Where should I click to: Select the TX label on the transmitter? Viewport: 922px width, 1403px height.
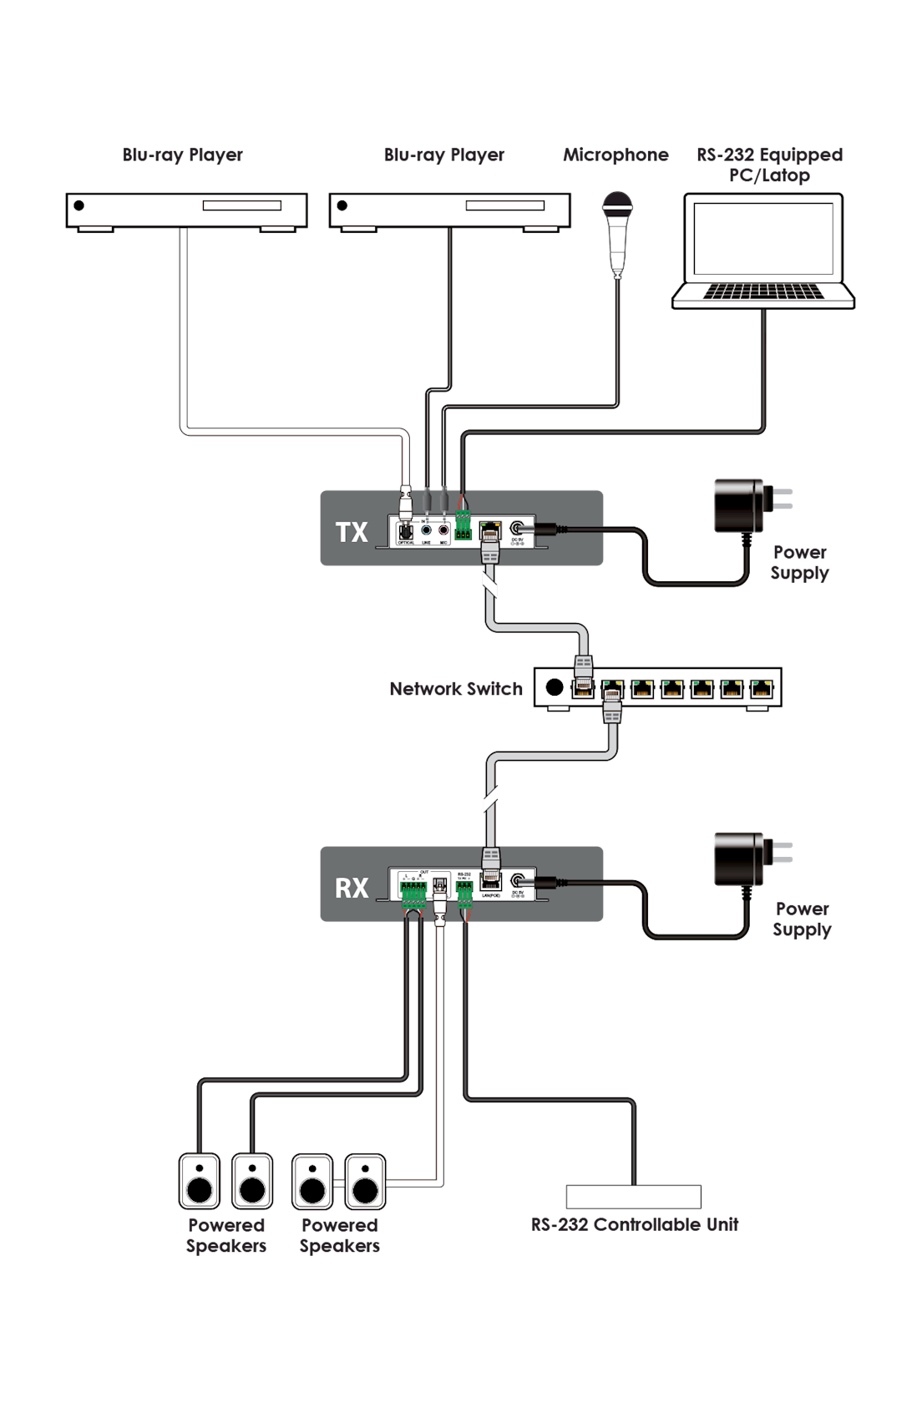(352, 532)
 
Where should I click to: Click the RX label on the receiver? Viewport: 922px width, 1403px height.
(352, 888)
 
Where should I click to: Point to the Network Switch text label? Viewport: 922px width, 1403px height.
(456, 689)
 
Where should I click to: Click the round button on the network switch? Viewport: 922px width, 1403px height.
(554, 687)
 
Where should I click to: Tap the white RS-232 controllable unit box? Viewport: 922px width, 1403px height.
(633, 1197)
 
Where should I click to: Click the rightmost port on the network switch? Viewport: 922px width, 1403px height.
(761, 688)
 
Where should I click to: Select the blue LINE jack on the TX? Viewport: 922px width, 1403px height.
(426, 529)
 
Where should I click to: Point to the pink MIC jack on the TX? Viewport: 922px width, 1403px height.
(443, 529)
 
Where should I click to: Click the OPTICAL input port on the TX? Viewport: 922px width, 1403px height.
(406, 530)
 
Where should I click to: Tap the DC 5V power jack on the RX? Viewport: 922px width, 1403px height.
(518, 880)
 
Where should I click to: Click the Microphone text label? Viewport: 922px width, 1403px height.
(616, 154)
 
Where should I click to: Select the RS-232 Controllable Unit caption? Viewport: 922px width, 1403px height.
(635, 1224)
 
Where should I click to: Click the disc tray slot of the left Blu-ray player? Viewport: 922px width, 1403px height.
(241, 205)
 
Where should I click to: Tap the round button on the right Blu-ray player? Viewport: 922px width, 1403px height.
(342, 205)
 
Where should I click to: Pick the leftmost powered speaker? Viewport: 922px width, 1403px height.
(200, 1182)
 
